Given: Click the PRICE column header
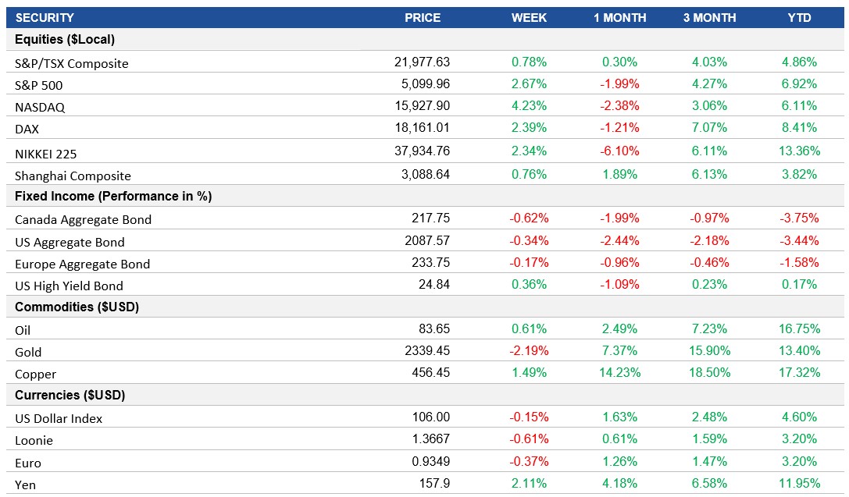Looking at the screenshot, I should tap(422, 17).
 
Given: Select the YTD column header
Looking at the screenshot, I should tap(799, 17).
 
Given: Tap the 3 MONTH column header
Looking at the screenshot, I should tap(710, 17).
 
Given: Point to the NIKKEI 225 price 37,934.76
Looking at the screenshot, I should tap(422, 151).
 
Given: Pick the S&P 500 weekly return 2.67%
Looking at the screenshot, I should tap(529, 84).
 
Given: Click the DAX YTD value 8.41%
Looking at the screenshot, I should tap(799, 128).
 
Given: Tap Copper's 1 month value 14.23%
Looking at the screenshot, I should tap(619, 373).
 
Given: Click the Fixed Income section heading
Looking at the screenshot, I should tap(113, 196).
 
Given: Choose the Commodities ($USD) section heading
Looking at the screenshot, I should tap(77, 307).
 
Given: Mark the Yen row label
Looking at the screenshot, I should tap(26, 485).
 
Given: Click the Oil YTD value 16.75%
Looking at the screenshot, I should tap(799, 329).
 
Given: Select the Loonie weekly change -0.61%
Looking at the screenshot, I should tap(529, 439).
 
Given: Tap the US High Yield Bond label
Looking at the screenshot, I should tap(69, 286).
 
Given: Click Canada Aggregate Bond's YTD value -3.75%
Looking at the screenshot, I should tap(799, 218).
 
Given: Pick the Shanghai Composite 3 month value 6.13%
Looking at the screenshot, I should tap(710, 175).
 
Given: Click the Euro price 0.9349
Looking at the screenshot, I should tap(430, 462).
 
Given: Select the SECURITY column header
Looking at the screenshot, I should tap(45, 17).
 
